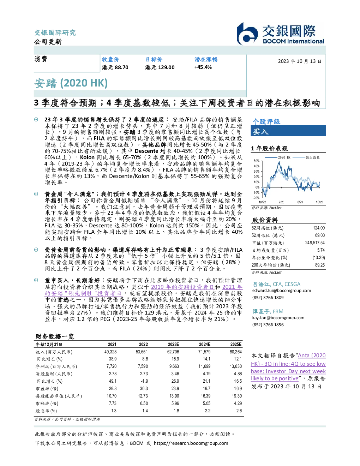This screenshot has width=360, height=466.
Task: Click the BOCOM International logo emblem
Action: (x=247, y=34)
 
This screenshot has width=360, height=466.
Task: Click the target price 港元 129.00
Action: (x=160, y=67)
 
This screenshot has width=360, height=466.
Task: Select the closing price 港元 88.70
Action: (x=115, y=67)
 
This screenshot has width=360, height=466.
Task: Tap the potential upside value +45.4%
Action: (x=203, y=67)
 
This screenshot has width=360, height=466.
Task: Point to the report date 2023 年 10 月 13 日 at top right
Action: (x=300, y=61)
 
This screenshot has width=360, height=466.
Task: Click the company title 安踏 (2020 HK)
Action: (x=71, y=83)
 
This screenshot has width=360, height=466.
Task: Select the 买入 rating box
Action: (x=288, y=131)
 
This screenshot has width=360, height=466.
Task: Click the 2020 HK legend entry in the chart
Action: (x=278, y=157)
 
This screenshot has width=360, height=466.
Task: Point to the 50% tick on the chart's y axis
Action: (x=257, y=161)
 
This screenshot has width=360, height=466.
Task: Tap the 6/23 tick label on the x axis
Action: (x=300, y=202)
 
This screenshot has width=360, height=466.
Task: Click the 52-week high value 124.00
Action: (x=319, y=228)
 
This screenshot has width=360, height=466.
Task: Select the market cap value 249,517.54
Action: (x=315, y=243)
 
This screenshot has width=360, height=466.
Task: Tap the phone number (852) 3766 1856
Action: (x=268, y=325)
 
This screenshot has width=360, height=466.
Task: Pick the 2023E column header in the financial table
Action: (x=173, y=345)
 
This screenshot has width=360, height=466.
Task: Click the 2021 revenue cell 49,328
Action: (x=110, y=352)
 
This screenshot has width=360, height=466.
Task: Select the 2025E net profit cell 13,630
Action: (x=236, y=366)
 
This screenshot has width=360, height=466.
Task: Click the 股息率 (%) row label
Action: (x=46, y=411)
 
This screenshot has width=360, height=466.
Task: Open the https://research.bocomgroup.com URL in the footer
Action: (x=191, y=443)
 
